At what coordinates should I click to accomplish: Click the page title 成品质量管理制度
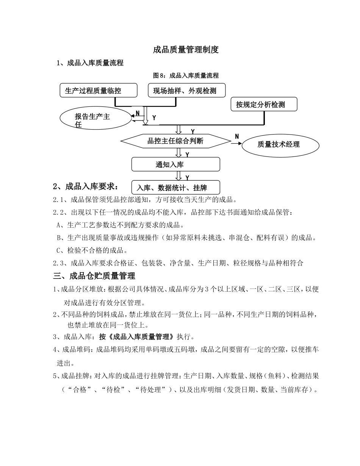186,50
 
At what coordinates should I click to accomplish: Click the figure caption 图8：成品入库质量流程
186,75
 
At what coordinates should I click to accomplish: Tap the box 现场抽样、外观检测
186,91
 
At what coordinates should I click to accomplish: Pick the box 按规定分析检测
264,104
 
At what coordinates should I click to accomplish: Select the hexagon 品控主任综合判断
175,141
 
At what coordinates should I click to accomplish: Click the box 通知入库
175,164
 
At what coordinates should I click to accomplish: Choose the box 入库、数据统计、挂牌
175,188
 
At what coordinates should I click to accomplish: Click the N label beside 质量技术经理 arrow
237,136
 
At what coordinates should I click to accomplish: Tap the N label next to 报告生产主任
138,113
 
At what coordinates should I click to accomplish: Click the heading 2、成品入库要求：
86,186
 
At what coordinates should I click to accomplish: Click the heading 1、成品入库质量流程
90,63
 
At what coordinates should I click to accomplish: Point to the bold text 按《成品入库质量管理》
137,336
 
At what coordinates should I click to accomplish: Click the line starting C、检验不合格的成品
91,250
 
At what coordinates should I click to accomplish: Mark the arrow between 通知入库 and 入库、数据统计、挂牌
178,175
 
